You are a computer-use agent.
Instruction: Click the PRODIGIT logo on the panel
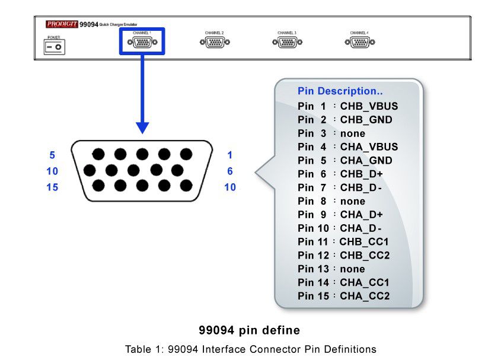(61, 24)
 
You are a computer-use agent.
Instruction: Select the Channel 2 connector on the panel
(214, 42)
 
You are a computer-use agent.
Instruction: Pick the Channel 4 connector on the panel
(359, 42)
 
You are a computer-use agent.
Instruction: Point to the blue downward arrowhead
(142, 127)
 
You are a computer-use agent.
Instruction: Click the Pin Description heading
(340, 91)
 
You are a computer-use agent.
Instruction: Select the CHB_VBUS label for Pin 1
(369, 106)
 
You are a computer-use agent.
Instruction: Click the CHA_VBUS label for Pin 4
(369, 146)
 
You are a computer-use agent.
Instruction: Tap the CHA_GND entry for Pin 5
(366, 160)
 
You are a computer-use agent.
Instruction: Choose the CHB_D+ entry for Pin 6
(361, 174)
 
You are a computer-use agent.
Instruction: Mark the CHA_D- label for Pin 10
(361, 228)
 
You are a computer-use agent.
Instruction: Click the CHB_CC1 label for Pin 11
(364, 242)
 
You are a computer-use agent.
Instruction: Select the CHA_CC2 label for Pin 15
(365, 296)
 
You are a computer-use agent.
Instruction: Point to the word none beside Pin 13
(352, 269)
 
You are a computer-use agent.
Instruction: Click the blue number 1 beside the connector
(229, 155)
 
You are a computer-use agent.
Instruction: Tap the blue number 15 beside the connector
(52, 187)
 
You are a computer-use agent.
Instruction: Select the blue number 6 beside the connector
(229, 171)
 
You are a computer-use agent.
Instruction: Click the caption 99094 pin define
(249, 330)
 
